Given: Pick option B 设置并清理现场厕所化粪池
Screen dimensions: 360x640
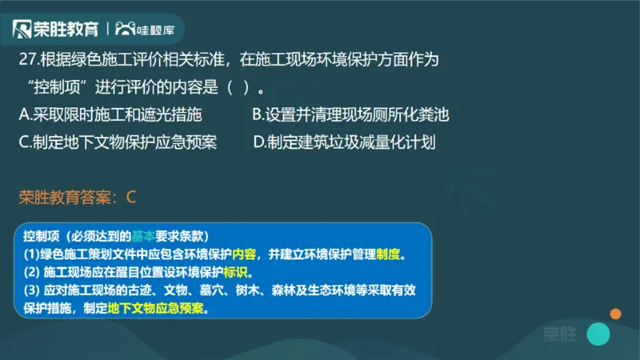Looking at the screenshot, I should (x=350, y=115).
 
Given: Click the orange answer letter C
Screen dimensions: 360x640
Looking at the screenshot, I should (x=132, y=196).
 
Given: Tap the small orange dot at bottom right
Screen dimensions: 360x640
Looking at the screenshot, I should (x=615, y=314).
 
